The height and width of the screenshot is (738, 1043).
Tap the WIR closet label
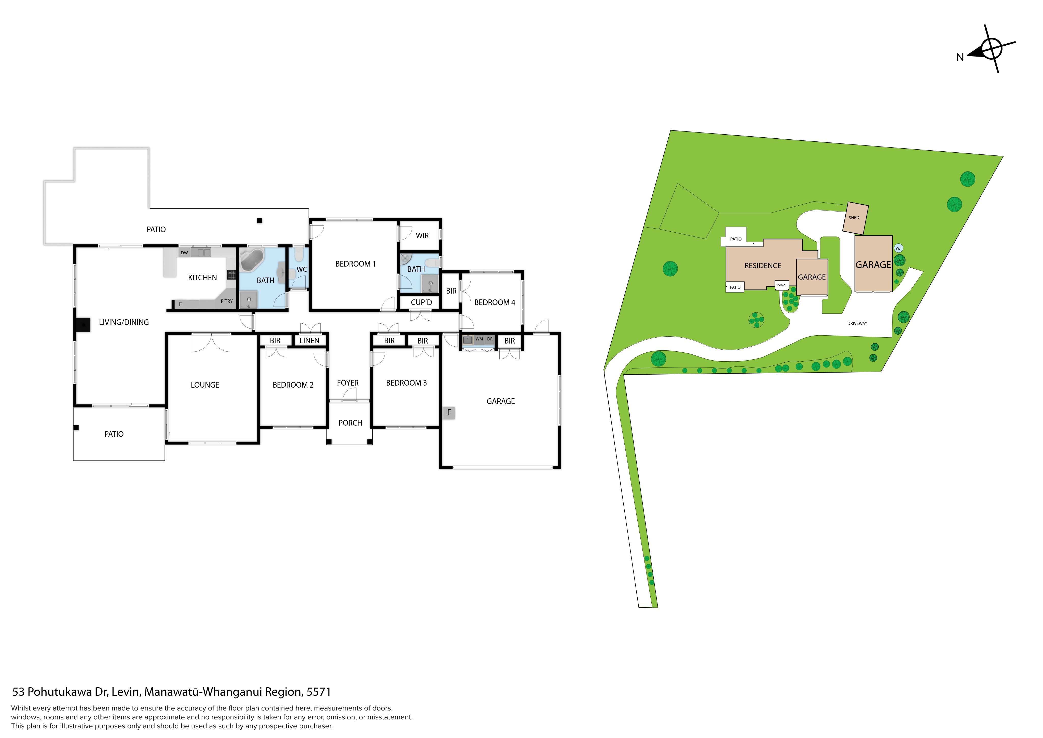click(x=422, y=235)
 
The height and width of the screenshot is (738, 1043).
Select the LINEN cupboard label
click(x=309, y=340)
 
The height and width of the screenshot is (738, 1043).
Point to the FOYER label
click(x=348, y=383)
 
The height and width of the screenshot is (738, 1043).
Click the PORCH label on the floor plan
click(x=350, y=423)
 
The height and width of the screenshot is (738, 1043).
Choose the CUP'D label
click(x=421, y=302)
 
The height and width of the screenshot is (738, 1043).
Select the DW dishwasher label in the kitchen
click(x=184, y=253)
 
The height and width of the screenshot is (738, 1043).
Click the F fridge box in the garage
click(x=449, y=412)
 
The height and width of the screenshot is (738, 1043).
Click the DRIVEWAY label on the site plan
click(x=857, y=323)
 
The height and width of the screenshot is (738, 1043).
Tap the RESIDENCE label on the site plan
click(x=763, y=266)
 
